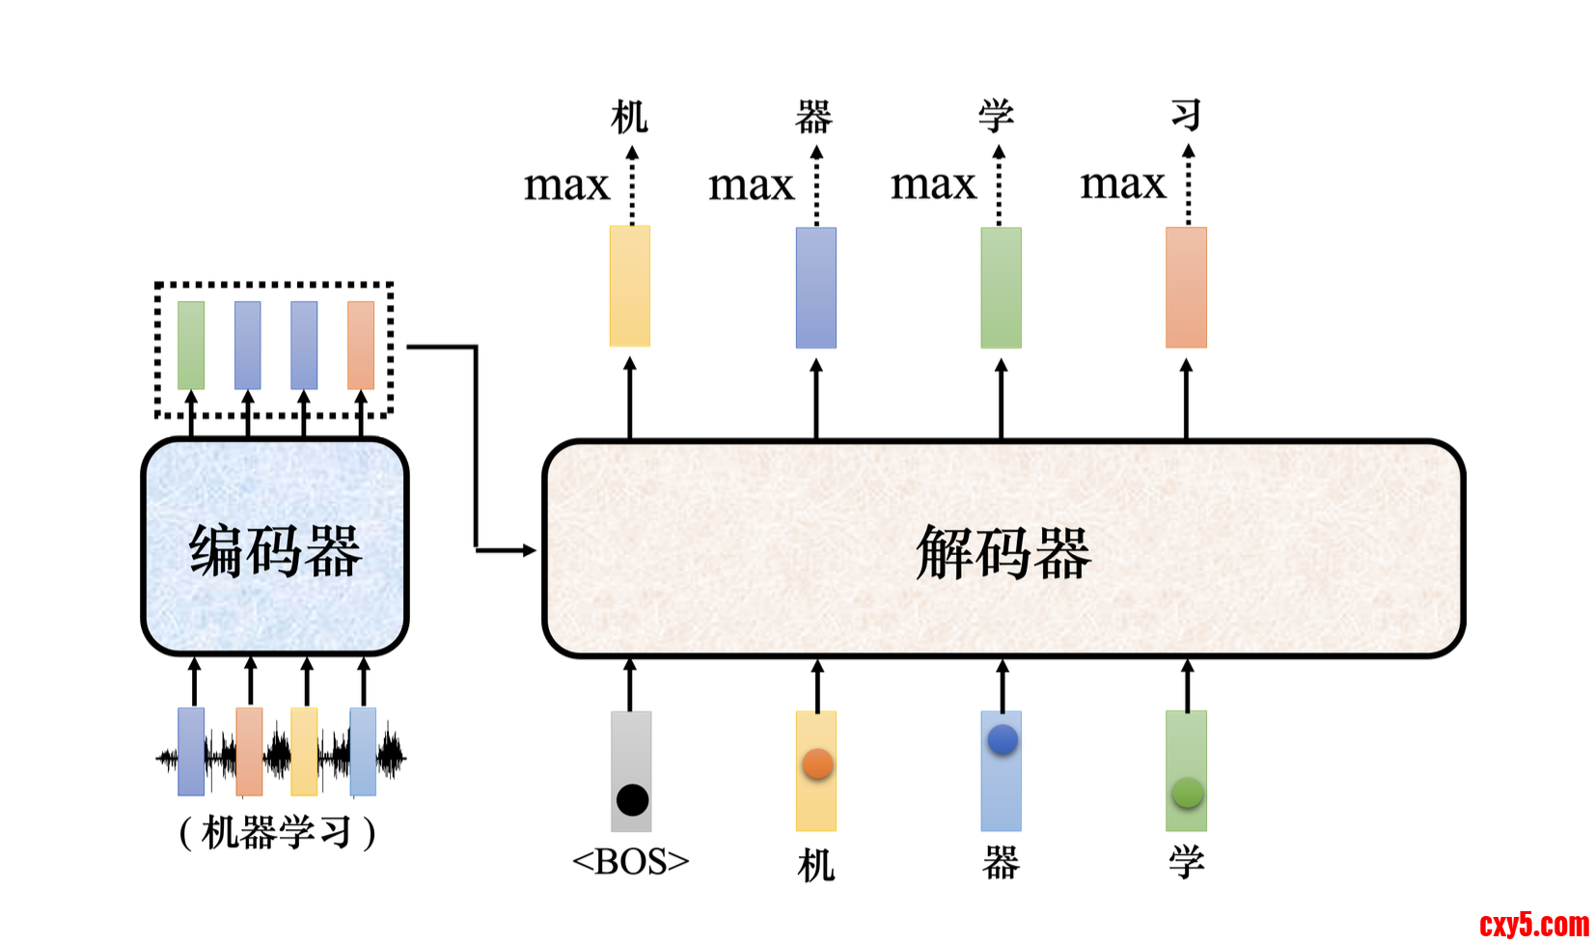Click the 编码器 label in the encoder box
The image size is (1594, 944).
tap(275, 551)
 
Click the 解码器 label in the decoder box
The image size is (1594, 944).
tap(1003, 553)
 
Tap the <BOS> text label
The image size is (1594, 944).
tap(631, 861)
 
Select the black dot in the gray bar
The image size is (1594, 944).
tap(632, 799)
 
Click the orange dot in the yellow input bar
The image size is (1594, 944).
tap(817, 764)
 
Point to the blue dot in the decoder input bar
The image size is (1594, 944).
tap(1003, 740)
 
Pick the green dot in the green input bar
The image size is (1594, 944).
tap(1187, 792)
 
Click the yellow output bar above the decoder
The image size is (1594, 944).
tap(630, 286)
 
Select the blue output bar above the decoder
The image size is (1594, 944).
tap(816, 288)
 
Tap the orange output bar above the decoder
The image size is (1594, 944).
tap(1186, 288)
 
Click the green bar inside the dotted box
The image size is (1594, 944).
tap(191, 345)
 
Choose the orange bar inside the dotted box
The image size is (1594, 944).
tap(361, 345)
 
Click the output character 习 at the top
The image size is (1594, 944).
tap(1187, 115)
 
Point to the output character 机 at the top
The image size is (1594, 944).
tap(630, 117)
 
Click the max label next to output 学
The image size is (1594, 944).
tap(933, 183)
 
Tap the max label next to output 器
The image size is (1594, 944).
tap(751, 184)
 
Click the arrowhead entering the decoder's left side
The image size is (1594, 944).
tap(529, 550)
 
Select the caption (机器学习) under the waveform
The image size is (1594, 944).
tap(277, 832)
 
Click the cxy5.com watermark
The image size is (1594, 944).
tap(1533, 924)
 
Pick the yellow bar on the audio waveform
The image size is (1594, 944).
tap(304, 751)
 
